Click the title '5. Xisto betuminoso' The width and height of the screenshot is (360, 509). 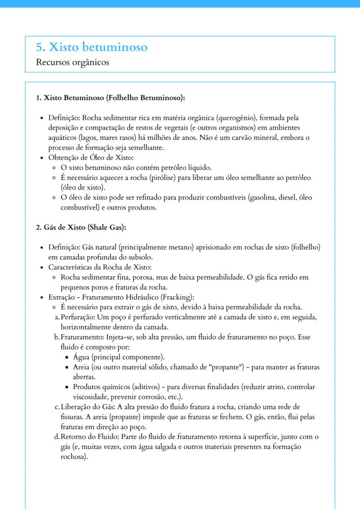[x=92, y=47]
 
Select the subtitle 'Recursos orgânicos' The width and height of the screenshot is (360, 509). [x=73, y=62]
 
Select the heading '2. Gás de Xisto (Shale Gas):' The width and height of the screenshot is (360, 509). [x=81, y=227]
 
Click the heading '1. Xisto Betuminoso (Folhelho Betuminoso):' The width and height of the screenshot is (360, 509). [x=110, y=98]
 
